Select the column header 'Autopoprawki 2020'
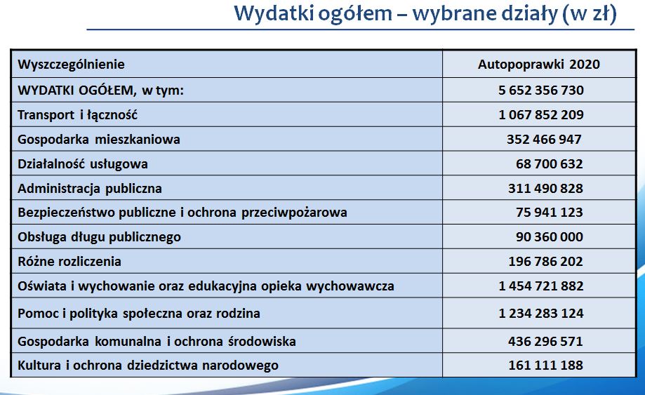coord(539,65)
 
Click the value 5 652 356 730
coord(541,90)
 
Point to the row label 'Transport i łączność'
coord(77,114)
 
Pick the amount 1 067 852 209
coord(541,114)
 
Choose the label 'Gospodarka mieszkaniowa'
coord(99,140)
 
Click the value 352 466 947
coord(544,140)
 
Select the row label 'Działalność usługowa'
coord(83,164)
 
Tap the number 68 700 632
coord(550,164)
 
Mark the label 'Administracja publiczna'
coord(90,189)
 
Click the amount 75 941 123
coord(550,212)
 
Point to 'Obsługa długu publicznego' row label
coord(99,237)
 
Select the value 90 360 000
coord(550,236)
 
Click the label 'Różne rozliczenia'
coord(69,262)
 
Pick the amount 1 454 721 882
coord(541,286)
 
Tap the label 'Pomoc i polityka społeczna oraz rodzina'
coord(139,314)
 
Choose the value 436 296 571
coord(545,341)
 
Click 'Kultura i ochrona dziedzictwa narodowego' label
coord(148,366)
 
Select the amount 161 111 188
coord(545,365)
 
